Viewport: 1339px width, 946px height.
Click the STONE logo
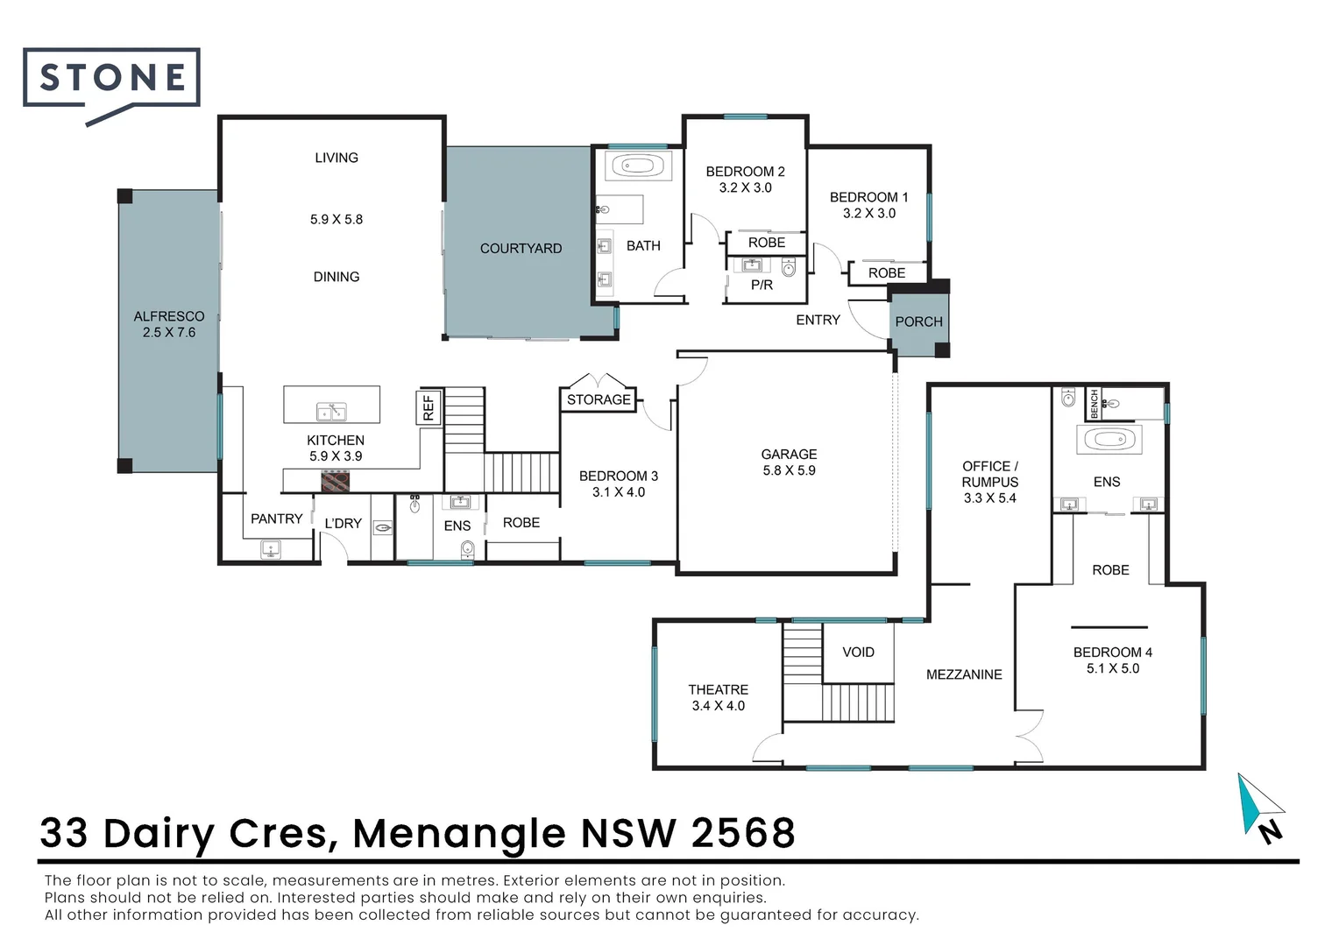pyautogui.click(x=111, y=79)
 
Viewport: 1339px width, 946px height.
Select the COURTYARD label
pyautogui.click(x=521, y=249)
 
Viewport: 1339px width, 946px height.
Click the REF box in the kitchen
pyautogui.click(x=429, y=407)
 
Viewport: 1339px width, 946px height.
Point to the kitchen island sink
pyautogui.click(x=331, y=412)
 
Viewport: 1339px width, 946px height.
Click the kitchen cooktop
pyautogui.click(x=336, y=481)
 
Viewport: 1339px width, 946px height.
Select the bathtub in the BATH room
pyautogui.click(x=632, y=166)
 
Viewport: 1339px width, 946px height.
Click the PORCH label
pyautogui.click(x=918, y=322)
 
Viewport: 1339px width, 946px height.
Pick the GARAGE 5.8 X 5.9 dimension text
pyautogui.click(x=789, y=470)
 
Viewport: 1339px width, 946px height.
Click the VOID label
pyautogui.click(x=858, y=653)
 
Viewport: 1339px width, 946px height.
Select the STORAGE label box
pyautogui.click(x=599, y=399)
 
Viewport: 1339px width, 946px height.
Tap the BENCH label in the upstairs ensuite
pyautogui.click(x=1094, y=403)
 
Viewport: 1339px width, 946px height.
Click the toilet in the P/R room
pyautogui.click(x=789, y=268)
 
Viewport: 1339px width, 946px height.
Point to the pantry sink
pyautogui.click(x=271, y=550)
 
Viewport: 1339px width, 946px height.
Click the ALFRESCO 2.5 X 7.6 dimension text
pyautogui.click(x=169, y=333)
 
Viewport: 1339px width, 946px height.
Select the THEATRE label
pyautogui.click(x=718, y=690)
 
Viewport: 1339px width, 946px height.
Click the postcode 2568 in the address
pyautogui.click(x=743, y=834)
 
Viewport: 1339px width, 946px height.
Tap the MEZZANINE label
pyautogui.click(x=964, y=674)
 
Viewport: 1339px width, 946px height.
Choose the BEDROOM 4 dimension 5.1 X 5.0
pyautogui.click(x=1113, y=668)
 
